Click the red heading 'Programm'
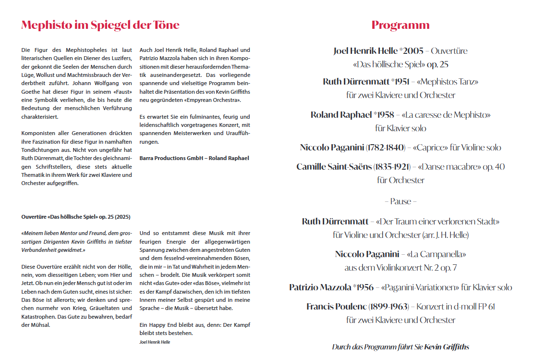click(400, 25)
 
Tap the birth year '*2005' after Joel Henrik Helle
click(413, 51)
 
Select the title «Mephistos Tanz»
click(448, 82)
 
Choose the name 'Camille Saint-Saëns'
click(334, 167)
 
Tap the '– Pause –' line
click(400, 201)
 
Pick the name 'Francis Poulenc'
click(337, 307)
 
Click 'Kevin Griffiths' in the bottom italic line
click(447, 347)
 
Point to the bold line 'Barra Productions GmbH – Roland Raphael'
click(194, 158)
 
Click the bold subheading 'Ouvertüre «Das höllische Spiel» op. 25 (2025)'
click(76, 217)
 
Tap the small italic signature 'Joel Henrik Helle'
click(155, 342)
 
